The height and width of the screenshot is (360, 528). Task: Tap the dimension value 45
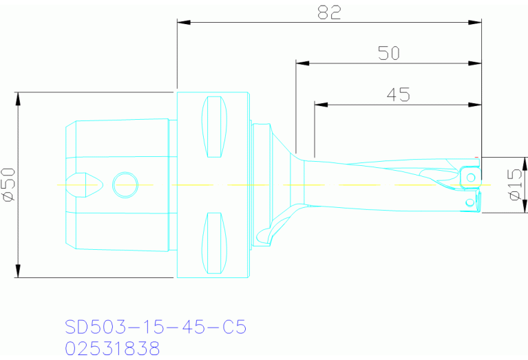click(398, 94)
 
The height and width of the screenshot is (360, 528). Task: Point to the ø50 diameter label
click(9, 184)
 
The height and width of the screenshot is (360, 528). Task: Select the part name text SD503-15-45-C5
click(155, 326)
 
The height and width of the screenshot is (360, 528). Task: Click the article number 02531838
click(112, 348)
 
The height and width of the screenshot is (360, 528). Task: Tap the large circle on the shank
click(125, 184)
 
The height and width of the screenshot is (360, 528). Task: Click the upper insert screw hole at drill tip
click(471, 178)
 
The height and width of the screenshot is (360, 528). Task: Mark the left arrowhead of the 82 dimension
click(183, 22)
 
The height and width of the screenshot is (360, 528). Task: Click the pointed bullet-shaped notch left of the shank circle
click(89, 184)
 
